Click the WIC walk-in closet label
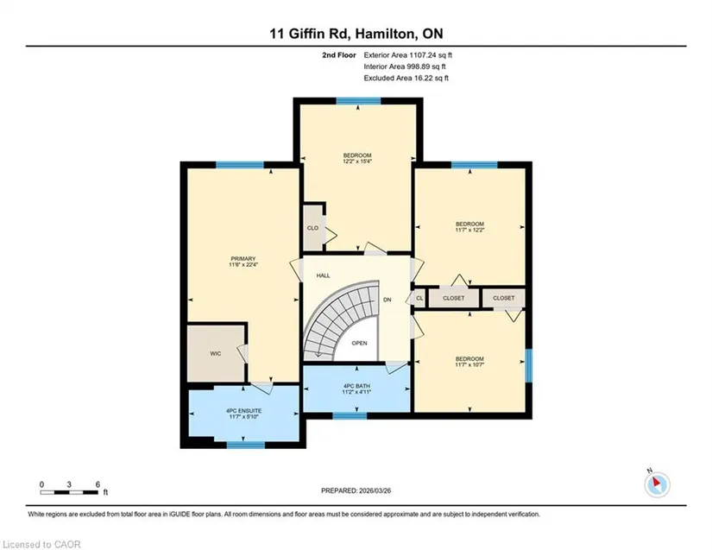tap(215, 353)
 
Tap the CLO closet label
tap(313, 228)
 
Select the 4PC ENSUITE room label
tap(244, 411)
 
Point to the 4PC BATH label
tap(356, 386)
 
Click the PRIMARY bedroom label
tap(243, 259)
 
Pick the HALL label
tap(324, 275)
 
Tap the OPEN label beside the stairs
tap(359, 344)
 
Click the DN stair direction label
tap(388, 300)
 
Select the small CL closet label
tap(419, 299)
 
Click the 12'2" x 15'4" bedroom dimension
tap(357, 161)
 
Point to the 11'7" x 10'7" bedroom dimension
tap(470, 364)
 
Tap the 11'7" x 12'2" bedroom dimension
tap(470, 230)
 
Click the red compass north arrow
tap(656, 482)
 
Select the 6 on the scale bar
tap(98, 484)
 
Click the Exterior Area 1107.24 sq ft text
tap(407, 55)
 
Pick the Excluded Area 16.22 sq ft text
tap(406, 78)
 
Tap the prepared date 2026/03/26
tap(375, 490)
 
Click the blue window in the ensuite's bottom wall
tap(246, 445)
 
